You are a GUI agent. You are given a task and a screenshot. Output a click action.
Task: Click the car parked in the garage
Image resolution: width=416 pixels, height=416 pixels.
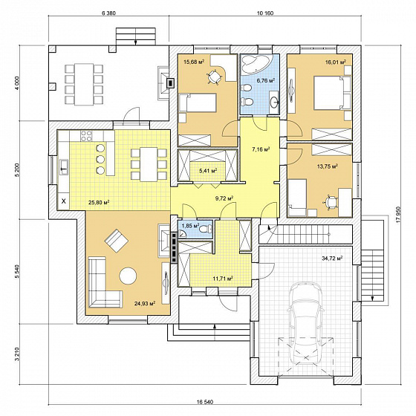pos(306,324)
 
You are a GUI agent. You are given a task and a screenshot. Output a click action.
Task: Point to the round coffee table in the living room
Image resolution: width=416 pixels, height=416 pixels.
pos(128,276)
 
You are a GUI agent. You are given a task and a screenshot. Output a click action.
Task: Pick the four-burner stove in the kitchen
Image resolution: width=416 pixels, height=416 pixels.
pos(86,135)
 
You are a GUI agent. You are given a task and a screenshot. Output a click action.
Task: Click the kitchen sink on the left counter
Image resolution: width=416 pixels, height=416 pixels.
pos(64,167)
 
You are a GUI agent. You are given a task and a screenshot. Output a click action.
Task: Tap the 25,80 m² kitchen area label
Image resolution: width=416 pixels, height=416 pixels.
pos(99,203)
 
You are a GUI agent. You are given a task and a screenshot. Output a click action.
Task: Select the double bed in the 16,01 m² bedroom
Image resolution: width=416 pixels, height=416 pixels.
pos(333,93)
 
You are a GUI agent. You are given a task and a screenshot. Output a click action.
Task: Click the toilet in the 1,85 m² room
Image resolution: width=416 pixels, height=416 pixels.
pos(206,228)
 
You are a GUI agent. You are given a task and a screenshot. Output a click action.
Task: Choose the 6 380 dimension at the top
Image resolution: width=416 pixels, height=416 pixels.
pos(108,13)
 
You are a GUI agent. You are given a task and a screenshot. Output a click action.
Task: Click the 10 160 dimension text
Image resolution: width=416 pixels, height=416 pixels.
pos(265,13)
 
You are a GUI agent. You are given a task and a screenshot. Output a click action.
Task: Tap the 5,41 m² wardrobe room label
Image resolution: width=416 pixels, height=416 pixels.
pos(208,171)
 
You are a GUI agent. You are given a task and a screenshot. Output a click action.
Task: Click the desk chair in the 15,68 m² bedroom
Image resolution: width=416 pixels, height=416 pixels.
pos(214,77)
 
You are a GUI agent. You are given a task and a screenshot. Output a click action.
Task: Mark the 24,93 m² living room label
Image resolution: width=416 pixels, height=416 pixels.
pos(145,303)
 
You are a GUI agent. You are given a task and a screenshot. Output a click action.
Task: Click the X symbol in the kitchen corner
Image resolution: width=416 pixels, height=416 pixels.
pos(64,201)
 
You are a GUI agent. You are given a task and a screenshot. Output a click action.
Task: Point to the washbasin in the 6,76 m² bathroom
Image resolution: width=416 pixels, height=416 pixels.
pos(274,100)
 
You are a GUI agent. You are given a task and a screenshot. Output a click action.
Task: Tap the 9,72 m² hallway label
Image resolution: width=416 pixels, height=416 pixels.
pos(224,198)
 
